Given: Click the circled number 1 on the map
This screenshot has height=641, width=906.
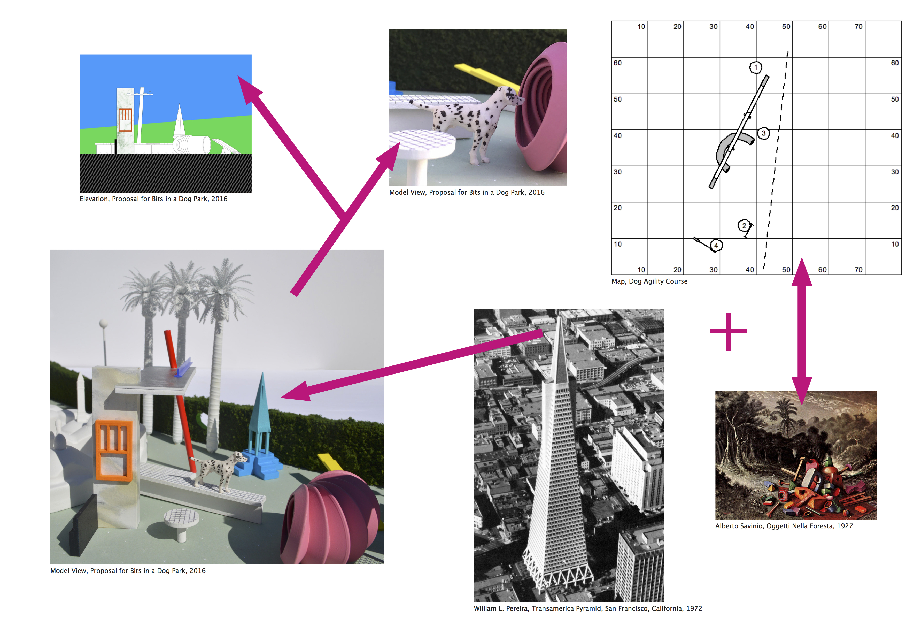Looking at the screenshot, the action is tap(756, 67).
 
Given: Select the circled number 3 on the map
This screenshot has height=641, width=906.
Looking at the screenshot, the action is tap(764, 133).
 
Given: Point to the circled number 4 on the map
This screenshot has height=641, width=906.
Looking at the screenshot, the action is tap(716, 246).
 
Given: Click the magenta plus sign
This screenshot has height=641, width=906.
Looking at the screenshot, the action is tap(728, 332).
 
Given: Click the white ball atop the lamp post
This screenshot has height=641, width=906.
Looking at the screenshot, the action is tap(103, 324).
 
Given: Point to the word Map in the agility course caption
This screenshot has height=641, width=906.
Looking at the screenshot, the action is tap(618, 281).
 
